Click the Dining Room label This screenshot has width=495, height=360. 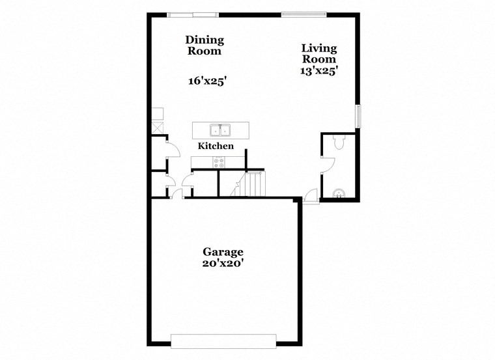[x=205, y=46]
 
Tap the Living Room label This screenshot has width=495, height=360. [x=319, y=53]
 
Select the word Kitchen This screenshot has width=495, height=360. [x=216, y=146]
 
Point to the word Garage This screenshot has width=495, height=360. [x=223, y=251]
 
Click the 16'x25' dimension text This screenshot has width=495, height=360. [x=207, y=81]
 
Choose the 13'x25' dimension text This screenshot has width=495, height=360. [x=318, y=71]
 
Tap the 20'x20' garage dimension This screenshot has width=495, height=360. [x=223, y=264]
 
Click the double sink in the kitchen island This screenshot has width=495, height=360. [x=221, y=129]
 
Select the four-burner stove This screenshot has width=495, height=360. [x=217, y=162]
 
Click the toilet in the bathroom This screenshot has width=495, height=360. [x=338, y=142]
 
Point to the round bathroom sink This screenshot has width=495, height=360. [x=338, y=192]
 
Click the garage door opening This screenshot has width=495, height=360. [x=223, y=341]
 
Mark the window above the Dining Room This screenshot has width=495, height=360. [x=193, y=14]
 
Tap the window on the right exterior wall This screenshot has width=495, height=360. [x=357, y=116]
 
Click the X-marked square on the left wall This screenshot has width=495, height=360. [x=157, y=127]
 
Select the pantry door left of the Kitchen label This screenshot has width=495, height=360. [x=173, y=150]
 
